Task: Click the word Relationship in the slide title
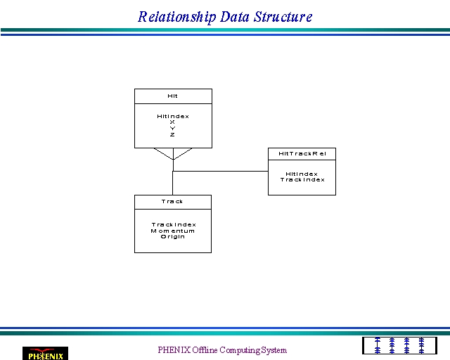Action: [176, 17]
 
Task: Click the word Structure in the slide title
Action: [283, 17]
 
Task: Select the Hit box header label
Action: [172, 96]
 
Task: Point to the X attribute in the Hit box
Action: [172, 122]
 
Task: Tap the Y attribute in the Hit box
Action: [172, 129]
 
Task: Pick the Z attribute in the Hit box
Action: [172, 134]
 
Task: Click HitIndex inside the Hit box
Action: [173, 116]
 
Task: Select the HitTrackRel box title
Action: [302, 153]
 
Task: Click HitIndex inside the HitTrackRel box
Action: [302, 174]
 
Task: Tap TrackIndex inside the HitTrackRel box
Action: [302, 180]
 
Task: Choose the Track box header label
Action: [172, 202]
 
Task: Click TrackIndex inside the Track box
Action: [174, 224]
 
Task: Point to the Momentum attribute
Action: [173, 231]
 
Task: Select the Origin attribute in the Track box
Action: [173, 236]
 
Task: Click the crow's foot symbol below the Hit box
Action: [174, 154]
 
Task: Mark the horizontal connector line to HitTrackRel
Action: [220, 171]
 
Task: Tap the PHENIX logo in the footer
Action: [45, 354]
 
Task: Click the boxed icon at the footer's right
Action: [399, 346]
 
